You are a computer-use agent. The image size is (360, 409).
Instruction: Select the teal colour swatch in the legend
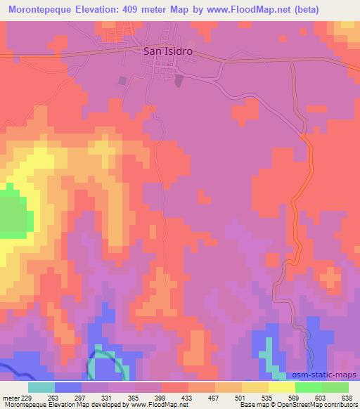tap(41, 387)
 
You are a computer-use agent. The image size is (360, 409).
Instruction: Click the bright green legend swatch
tap(308, 387)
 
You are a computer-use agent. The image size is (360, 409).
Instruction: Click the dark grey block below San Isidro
tap(124, 81)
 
